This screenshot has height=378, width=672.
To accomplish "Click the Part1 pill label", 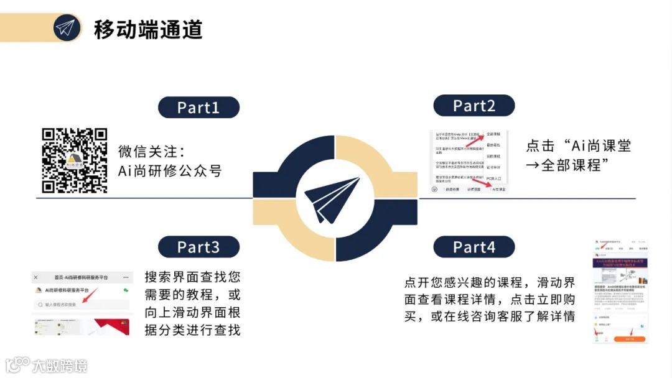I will click(x=198, y=108).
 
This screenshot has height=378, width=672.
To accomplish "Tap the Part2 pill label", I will click(x=474, y=106).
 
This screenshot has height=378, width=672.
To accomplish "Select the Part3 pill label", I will click(x=198, y=247).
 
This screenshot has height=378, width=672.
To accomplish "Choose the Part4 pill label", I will click(x=474, y=247).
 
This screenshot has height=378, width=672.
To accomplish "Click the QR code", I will click(x=75, y=160).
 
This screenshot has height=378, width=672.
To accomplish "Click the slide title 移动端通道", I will click(x=148, y=29).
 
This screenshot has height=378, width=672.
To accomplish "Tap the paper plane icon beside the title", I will click(x=67, y=28).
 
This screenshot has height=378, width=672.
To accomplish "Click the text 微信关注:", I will click(x=152, y=152).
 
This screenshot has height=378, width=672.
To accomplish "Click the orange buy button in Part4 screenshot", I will click(x=629, y=339).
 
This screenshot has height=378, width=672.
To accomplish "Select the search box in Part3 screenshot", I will click(x=81, y=305).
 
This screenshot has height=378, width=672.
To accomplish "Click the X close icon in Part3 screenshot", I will click(x=36, y=277).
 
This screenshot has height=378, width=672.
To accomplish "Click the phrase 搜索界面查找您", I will click(x=192, y=277).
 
